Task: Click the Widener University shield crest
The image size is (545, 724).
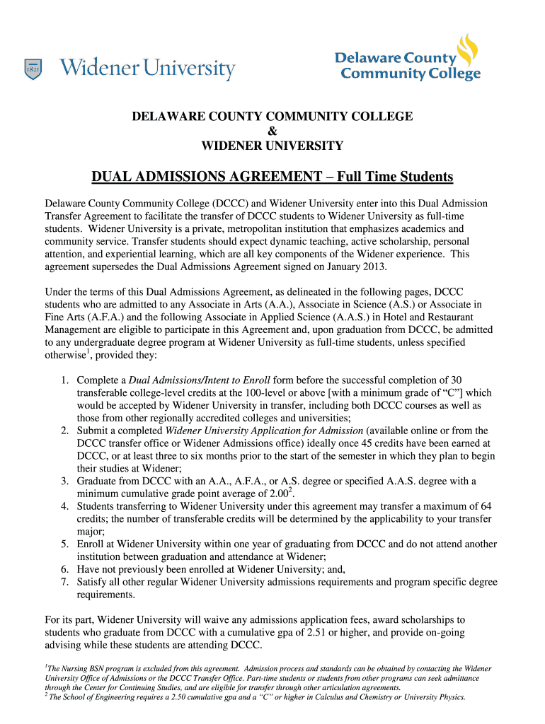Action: point(33,69)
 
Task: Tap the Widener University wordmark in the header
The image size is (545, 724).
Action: point(147,69)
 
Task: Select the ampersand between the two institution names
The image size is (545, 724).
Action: point(272,131)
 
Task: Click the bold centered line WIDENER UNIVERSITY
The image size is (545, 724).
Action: point(272,146)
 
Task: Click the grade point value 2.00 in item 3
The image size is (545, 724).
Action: point(280,494)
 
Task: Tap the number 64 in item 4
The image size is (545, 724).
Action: point(486,506)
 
